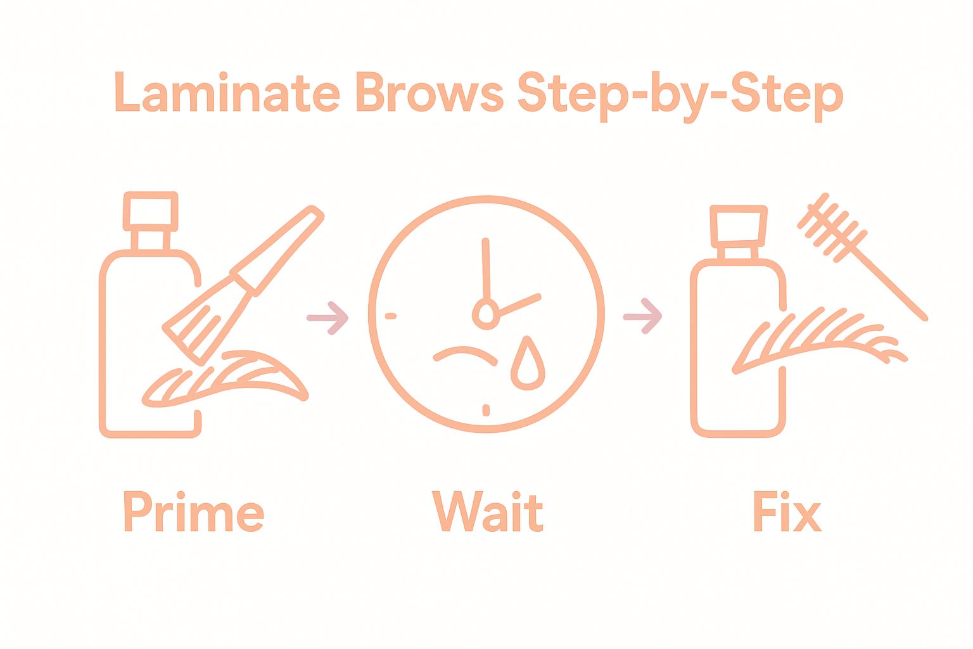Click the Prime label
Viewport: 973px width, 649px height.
tap(194, 511)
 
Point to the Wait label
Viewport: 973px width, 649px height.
tap(487, 511)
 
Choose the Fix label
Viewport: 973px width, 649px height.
tap(787, 511)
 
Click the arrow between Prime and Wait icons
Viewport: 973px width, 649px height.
tap(328, 318)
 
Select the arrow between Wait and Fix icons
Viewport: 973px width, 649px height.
tap(642, 316)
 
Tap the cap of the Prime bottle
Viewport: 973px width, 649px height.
tap(150, 211)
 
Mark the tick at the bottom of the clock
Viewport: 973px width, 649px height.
tap(486, 410)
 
